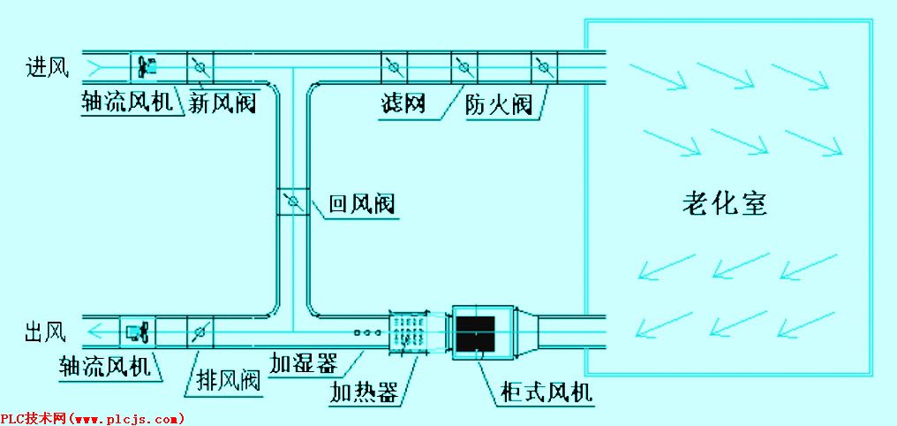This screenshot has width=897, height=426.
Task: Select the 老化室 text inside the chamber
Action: pos(724,204)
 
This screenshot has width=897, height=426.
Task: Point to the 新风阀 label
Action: pos(222,104)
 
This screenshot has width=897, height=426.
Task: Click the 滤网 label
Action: pos(403,104)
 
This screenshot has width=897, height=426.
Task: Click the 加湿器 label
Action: pos(305,362)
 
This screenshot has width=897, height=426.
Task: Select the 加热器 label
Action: pos(363,392)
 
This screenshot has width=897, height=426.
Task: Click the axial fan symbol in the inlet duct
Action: pos(146,65)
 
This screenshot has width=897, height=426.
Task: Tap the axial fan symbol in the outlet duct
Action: pos(139,332)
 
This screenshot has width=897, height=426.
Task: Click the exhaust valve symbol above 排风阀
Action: pos(200,332)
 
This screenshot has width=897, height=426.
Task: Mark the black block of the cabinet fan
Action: pos(476,332)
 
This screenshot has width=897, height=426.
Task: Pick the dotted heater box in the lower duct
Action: pos(407,332)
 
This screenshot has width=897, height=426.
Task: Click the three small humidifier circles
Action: pos(366,333)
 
